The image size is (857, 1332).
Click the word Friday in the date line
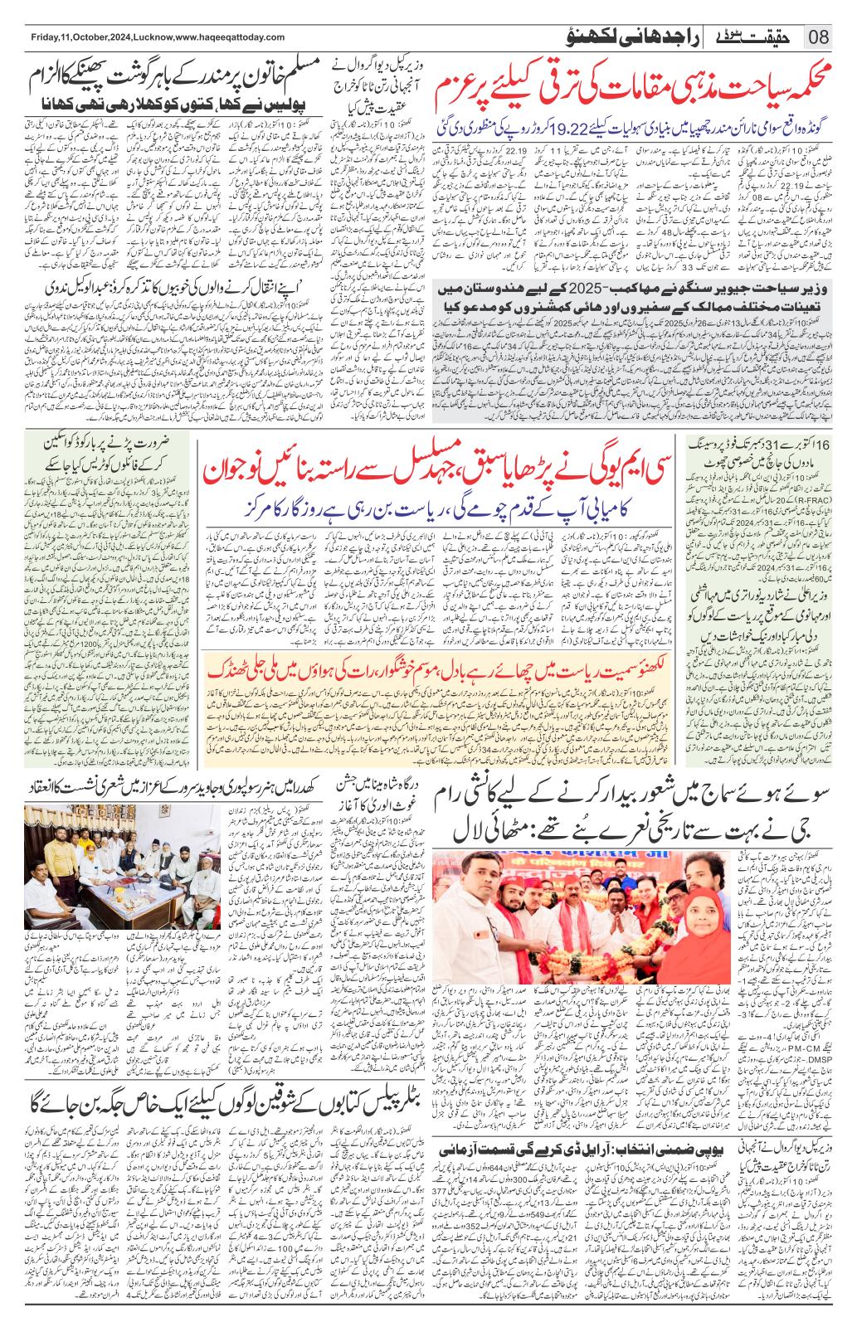click(41, 37)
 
